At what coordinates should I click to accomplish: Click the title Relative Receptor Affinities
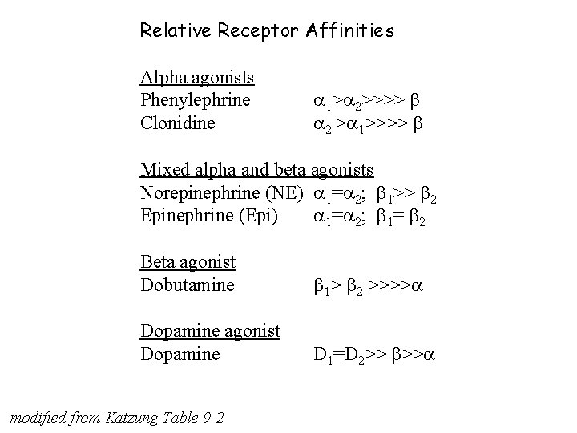267,31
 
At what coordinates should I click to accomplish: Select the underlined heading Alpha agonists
197,78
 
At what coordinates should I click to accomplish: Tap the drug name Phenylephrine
196,101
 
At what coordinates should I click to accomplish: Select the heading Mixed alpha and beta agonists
256,169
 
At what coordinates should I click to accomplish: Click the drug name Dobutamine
187,284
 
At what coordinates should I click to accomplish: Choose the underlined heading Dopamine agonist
210,330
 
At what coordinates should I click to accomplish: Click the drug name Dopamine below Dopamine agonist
180,353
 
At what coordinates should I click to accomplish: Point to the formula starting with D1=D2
373,354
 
